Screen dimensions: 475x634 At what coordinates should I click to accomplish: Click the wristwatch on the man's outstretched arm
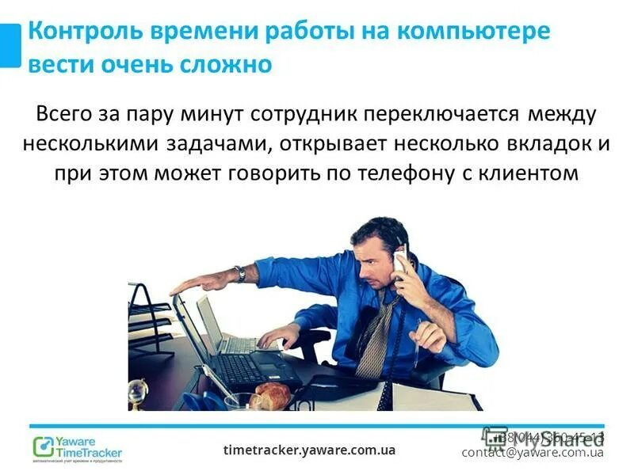240,274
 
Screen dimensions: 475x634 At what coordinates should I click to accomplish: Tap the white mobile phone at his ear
401,262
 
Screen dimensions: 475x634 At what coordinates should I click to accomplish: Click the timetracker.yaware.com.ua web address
309,450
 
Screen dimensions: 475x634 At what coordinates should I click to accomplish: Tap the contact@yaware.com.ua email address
533,453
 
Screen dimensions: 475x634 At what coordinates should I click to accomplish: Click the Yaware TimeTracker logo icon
42,446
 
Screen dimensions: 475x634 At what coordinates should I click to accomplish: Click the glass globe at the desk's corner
139,389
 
